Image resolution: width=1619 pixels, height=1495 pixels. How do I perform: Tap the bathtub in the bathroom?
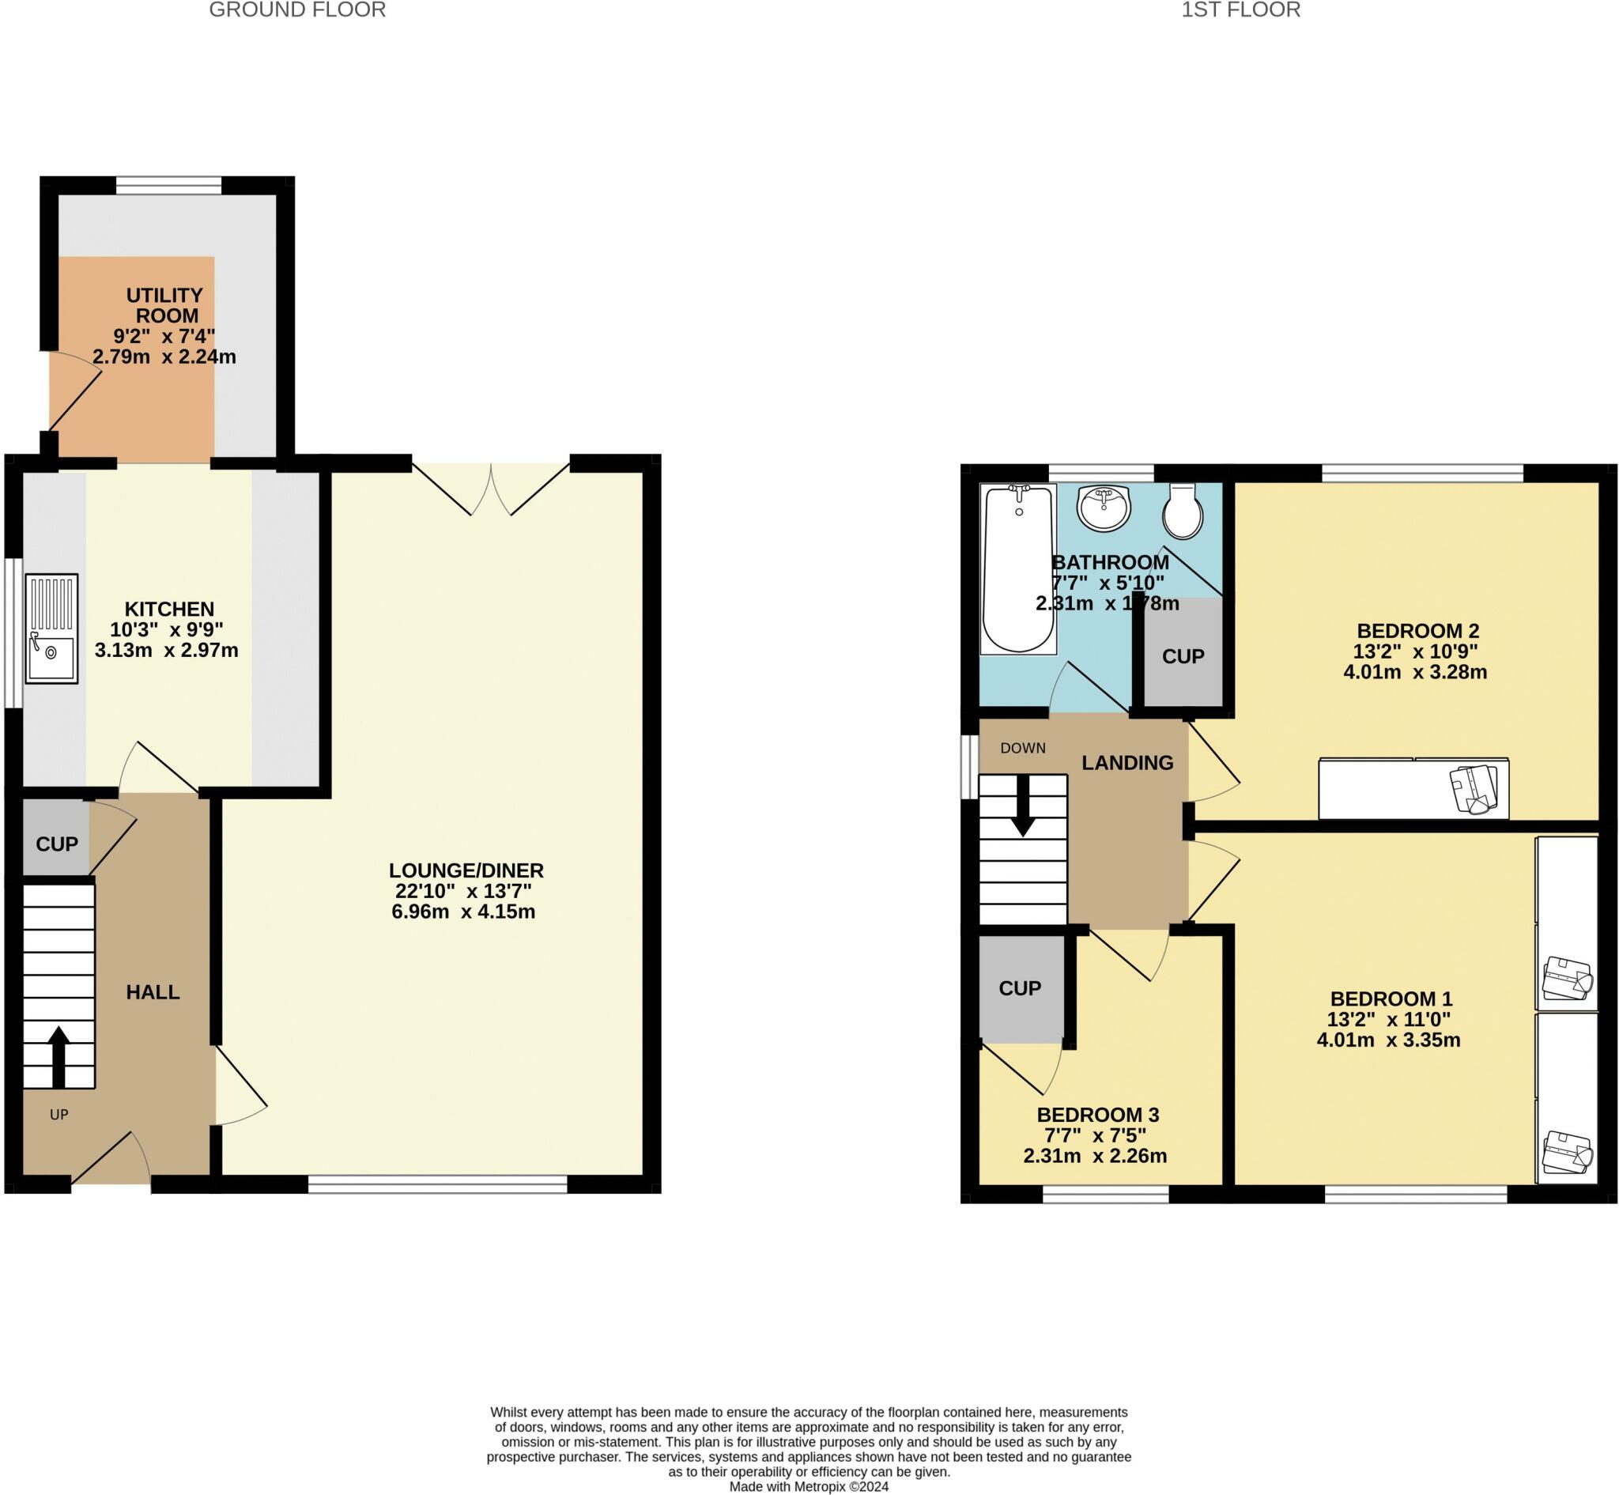(x=1019, y=568)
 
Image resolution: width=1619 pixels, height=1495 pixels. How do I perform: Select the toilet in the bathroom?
(x=1183, y=512)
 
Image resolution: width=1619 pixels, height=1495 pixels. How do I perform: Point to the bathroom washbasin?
(x=1104, y=508)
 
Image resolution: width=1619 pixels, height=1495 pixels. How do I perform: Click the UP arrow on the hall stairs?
(x=58, y=1056)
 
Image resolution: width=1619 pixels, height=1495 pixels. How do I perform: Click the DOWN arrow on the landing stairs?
(x=1023, y=806)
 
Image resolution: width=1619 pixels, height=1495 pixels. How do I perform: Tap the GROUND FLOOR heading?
(x=297, y=9)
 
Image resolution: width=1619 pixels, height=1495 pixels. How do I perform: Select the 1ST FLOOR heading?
(x=1240, y=9)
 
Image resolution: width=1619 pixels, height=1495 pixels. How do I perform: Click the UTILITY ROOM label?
(x=165, y=305)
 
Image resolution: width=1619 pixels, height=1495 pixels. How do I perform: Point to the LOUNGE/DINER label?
(x=466, y=870)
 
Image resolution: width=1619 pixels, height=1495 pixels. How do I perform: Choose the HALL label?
(x=153, y=992)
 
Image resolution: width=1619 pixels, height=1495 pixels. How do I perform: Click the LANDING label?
(x=1127, y=762)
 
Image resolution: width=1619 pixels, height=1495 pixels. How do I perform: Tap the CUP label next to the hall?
(x=57, y=844)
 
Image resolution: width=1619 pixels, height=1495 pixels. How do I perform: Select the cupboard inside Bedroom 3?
(x=1021, y=988)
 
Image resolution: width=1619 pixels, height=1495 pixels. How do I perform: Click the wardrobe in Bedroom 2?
(x=1413, y=788)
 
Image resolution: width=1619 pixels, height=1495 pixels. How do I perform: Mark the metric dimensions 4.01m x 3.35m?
(x=1388, y=1040)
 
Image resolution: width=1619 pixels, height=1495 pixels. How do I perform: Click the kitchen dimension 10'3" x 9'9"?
(x=167, y=629)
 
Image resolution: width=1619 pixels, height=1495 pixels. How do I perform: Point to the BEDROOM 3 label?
(x=1098, y=1115)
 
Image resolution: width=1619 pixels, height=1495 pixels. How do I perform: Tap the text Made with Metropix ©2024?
(x=809, y=1487)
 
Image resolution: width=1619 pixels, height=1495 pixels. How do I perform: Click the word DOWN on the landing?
(x=1023, y=749)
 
